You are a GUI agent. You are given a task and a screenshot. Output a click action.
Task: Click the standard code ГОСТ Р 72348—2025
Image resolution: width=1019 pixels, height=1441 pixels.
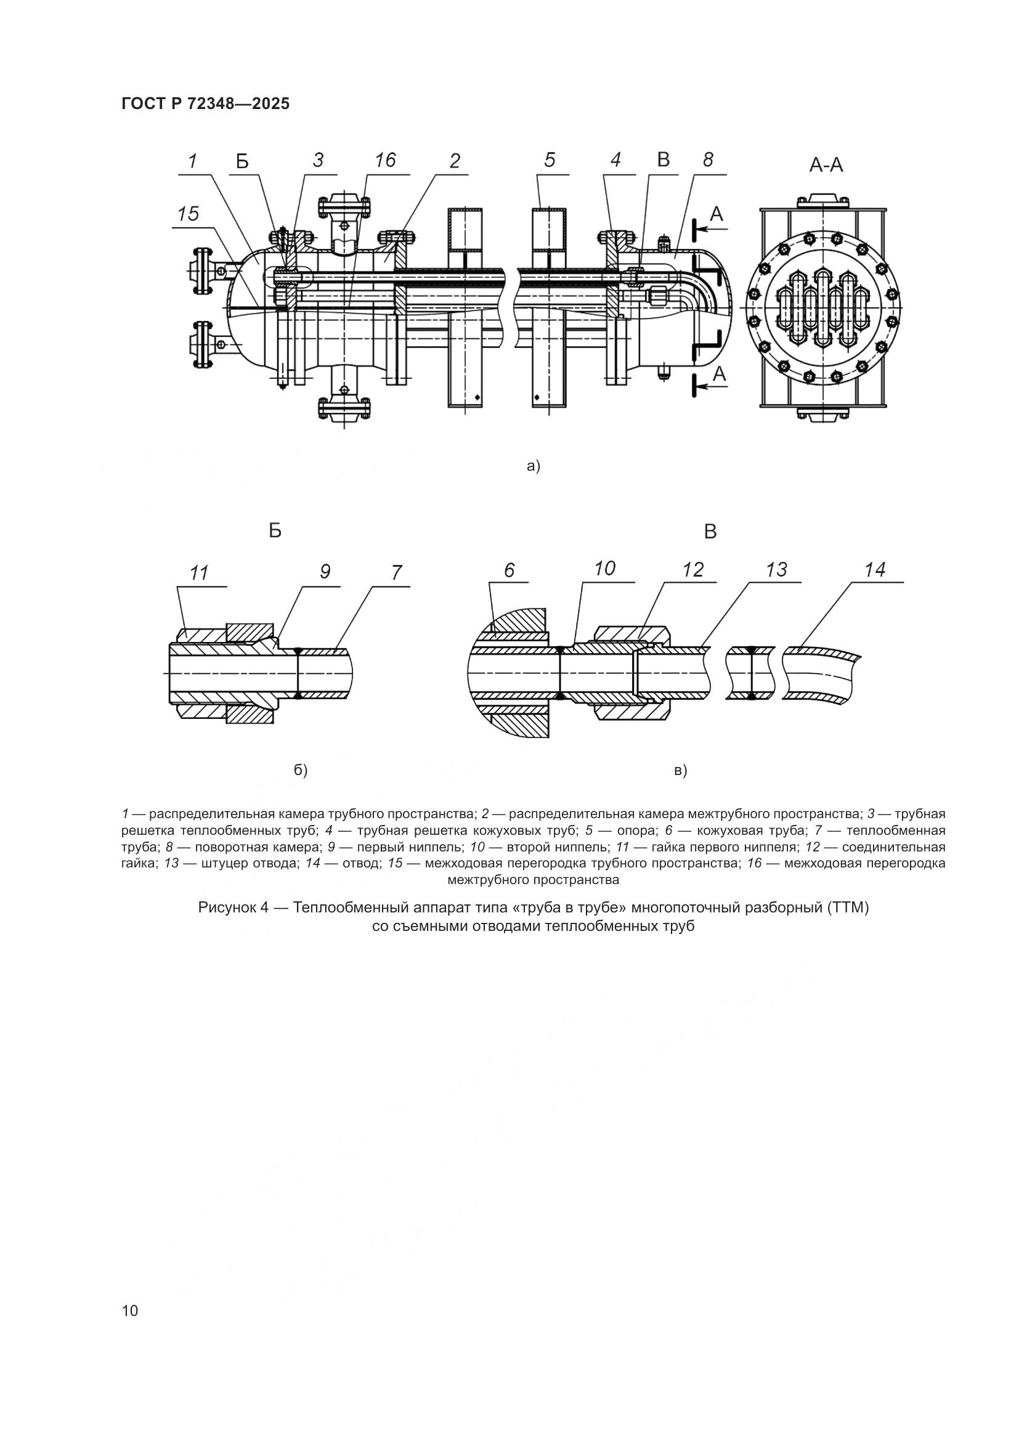(x=206, y=104)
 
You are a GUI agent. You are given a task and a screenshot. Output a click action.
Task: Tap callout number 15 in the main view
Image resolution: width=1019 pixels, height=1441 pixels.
(x=188, y=214)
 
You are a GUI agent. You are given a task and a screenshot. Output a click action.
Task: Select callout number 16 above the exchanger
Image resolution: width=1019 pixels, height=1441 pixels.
(x=384, y=160)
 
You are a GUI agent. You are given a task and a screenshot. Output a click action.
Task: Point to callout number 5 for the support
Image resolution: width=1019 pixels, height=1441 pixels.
(x=550, y=160)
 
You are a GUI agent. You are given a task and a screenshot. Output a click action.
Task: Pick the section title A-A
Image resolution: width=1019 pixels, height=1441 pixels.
(x=826, y=165)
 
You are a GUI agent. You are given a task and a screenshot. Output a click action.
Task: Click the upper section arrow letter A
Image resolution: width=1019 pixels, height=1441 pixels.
(x=717, y=214)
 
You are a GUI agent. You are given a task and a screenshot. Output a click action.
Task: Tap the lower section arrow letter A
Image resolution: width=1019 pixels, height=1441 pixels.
(x=719, y=375)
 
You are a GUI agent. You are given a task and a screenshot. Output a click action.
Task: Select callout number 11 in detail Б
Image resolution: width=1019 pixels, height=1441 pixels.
(x=200, y=573)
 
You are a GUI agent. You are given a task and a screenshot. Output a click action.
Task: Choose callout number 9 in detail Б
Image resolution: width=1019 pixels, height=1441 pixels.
(x=325, y=572)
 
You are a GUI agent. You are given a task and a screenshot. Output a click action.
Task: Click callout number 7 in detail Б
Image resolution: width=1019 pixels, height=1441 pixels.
(x=396, y=572)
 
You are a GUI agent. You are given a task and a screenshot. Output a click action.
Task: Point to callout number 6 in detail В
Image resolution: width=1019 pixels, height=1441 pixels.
(x=509, y=570)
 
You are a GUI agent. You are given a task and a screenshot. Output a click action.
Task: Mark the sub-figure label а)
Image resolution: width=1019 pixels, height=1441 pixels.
(x=534, y=466)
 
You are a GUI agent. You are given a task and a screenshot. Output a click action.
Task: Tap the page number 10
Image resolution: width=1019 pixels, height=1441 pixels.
(x=130, y=1310)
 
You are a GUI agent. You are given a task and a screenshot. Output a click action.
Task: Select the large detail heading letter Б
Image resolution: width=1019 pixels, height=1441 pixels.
(x=275, y=531)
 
